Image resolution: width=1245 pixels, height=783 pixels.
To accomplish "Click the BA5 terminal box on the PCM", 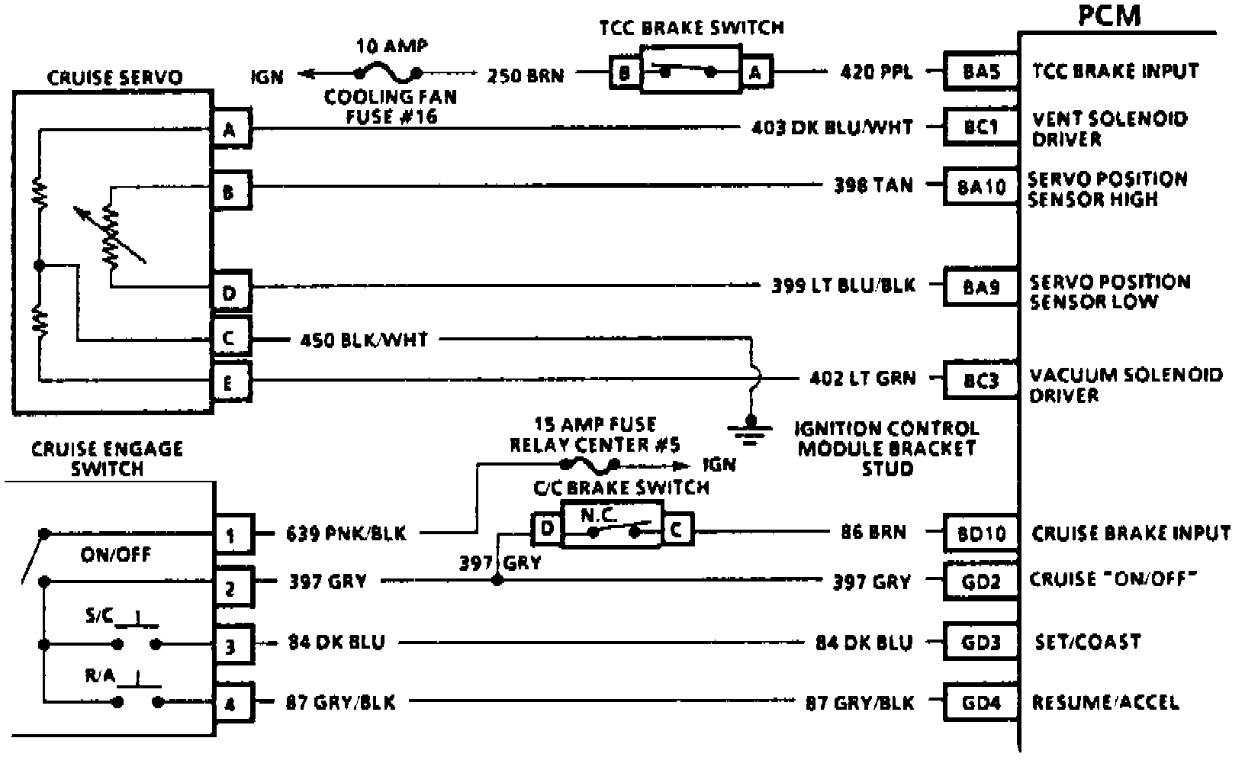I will tap(981, 72).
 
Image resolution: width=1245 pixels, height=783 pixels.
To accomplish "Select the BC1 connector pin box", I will tap(981, 127).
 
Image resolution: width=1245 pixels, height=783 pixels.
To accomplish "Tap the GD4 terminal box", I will tap(981, 702).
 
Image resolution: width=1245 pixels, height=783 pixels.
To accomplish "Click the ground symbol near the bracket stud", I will tap(752, 431).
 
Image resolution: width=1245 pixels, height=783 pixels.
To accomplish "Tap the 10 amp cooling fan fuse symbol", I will tap(388, 73).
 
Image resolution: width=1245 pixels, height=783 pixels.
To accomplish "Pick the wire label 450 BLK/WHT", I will tap(365, 339).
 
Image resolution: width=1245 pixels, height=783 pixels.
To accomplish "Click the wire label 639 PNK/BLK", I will tap(346, 533).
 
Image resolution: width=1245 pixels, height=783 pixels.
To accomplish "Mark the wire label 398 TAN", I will tap(873, 185).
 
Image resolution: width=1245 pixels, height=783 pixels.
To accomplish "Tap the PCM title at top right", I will tap(1109, 15).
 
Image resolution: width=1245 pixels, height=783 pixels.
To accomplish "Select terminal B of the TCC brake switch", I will tap(625, 73).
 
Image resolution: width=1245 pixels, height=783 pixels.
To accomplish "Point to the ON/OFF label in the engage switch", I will tap(116, 555).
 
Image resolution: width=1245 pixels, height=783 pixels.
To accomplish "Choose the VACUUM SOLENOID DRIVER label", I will tap(1124, 385).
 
